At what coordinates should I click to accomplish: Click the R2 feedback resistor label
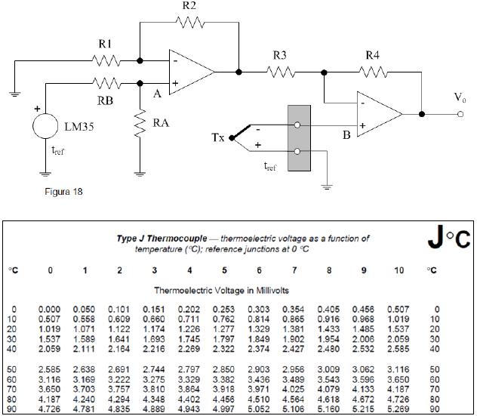[x=189, y=7]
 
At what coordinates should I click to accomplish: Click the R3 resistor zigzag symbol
[x=281, y=72]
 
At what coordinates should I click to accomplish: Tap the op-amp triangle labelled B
[x=377, y=115]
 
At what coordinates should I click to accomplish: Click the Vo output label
[x=458, y=98]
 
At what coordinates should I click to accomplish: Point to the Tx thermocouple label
[x=218, y=138]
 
